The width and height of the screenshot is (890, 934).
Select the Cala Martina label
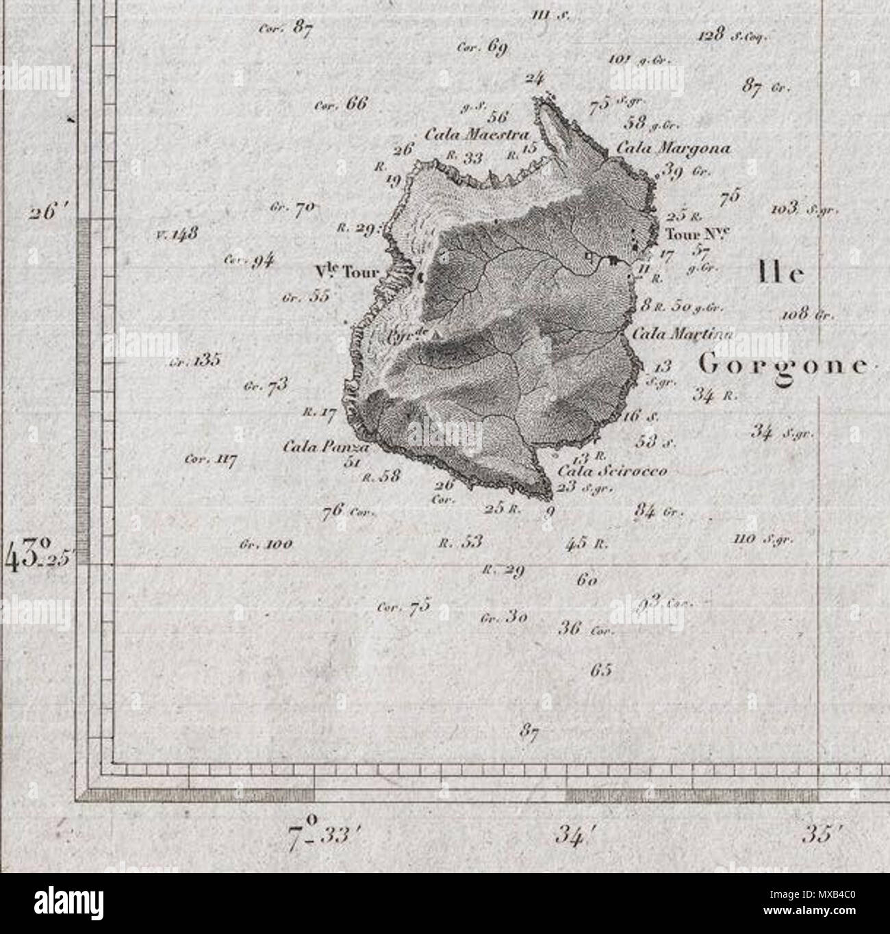[x=682, y=335]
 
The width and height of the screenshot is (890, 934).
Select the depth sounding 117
[x=221, y=459]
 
